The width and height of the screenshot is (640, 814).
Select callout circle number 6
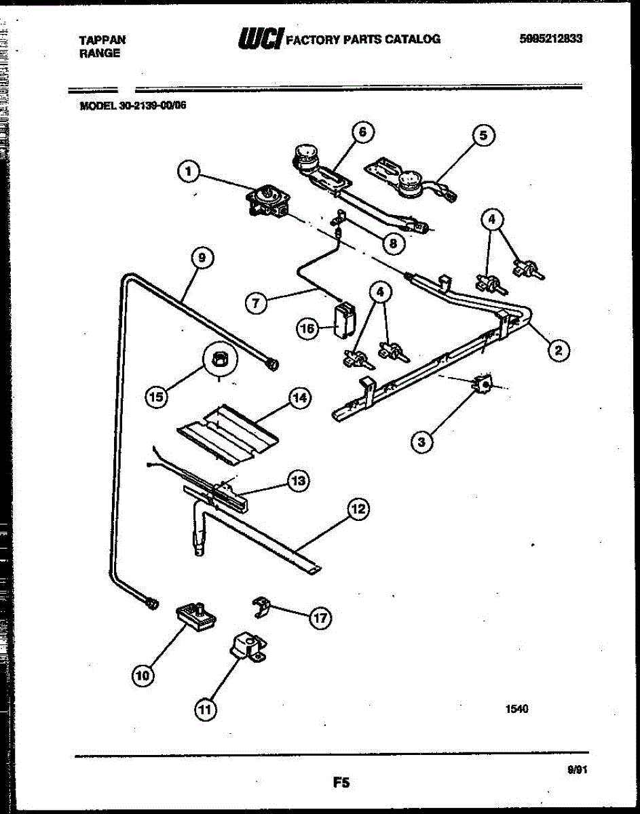[x=362, y=132]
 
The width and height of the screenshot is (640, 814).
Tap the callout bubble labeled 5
[x=483, y=135]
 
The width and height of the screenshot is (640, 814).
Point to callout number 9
[x=202, y=257]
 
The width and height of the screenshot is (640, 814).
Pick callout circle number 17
[x=320, y=617]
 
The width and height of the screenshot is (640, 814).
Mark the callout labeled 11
[x=204, y=710]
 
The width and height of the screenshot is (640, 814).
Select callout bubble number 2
[x=558, y=350]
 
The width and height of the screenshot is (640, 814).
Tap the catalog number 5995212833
[x=549, y=39]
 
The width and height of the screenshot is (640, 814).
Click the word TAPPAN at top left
[x=102, y=40]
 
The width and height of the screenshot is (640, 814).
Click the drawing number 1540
[x=516, y=709]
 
